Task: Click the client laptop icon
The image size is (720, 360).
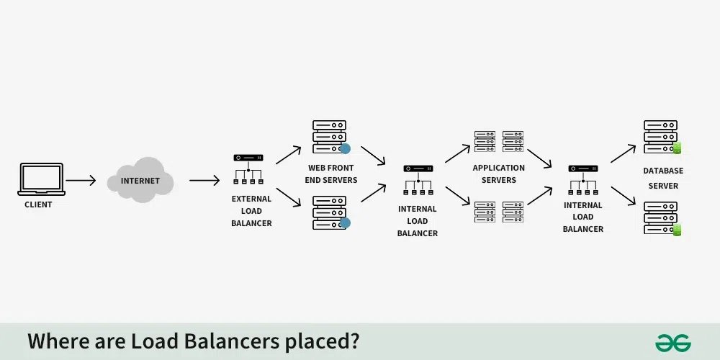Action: (x=41, y=179)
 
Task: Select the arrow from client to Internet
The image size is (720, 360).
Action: (x=81, y=180)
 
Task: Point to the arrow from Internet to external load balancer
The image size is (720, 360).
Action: (x=204, y=180)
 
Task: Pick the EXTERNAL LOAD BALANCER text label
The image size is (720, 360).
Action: (x=251, y=211)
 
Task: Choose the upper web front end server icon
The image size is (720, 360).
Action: (x=330, y=137)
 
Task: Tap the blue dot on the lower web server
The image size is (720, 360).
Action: (x=345, y=223)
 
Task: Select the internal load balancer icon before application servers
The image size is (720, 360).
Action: (x=418, y=180)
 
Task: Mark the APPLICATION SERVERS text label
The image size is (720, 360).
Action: (x=499, y=174)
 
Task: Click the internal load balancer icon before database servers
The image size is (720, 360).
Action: (x=583, y=180)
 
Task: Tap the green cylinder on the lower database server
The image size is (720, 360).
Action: (x=677, y=231)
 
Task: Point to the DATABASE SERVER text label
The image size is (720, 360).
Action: (x=663, y=178)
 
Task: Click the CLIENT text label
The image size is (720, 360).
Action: (x=38, y=204)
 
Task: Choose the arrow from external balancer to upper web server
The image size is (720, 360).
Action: (x=289, y=154)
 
